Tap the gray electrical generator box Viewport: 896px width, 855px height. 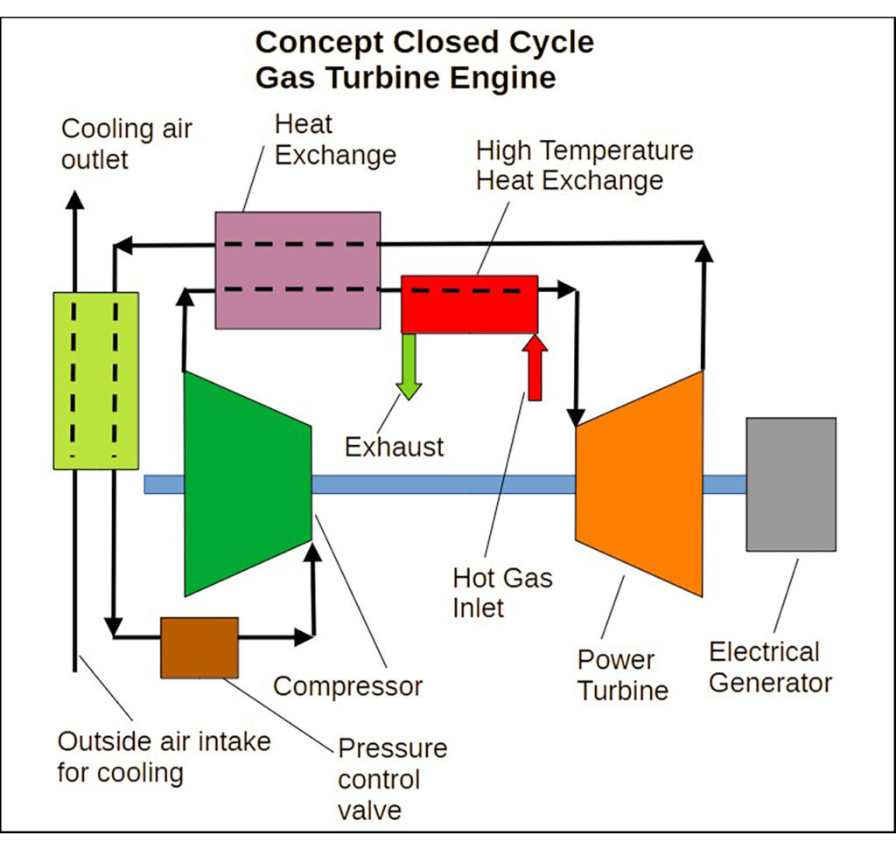coord(790,483)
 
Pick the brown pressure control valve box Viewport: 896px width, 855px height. coord(199,647)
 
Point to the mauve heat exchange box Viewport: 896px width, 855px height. coord(297,269)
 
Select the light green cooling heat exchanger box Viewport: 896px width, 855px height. coord(95,380)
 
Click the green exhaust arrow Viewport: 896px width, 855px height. coord(408,367)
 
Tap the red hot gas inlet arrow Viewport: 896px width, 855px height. coord(535,367)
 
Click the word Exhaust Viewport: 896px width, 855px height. coord(394,447)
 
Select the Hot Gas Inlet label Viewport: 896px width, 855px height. coord(502,592)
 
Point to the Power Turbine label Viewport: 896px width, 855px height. coord(622,674)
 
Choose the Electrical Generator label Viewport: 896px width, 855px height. coord(769,667)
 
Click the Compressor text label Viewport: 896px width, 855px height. coord(347,686)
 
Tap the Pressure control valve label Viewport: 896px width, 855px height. coord(391,779)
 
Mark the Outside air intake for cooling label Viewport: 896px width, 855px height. coord(164,757)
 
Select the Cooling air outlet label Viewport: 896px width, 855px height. coord(126,144)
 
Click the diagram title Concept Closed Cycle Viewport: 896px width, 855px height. coord(424,43)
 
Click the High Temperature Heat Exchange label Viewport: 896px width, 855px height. coord(584,165)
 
